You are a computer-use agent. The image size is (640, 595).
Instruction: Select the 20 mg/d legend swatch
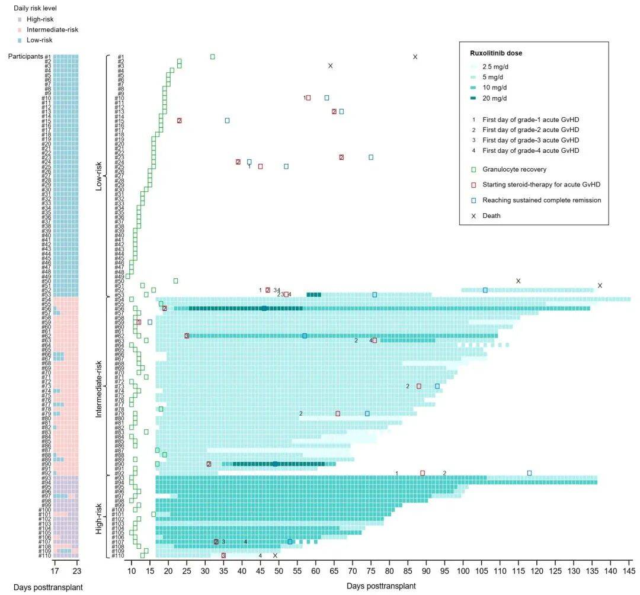coord(473,98)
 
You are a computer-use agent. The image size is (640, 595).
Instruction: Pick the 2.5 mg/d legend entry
coord(473,66)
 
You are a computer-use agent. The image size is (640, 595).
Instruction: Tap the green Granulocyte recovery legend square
coord(473,169)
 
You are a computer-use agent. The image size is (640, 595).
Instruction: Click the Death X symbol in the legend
coord(473,216)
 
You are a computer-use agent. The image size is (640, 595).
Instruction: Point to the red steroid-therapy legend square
coord(473,185)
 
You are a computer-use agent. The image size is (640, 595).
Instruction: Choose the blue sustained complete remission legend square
coord(473,200)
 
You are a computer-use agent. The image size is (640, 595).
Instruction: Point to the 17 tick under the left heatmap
coord(55,571)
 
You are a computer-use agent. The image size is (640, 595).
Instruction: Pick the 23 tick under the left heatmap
coord(76,571)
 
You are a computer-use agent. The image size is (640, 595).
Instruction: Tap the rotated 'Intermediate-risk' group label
coord(99,384)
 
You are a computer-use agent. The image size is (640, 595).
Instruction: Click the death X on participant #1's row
coord(415,57)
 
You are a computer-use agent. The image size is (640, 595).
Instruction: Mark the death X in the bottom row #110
coord(275,555)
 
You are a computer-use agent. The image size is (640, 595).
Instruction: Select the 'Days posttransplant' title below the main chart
coord(380,586)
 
